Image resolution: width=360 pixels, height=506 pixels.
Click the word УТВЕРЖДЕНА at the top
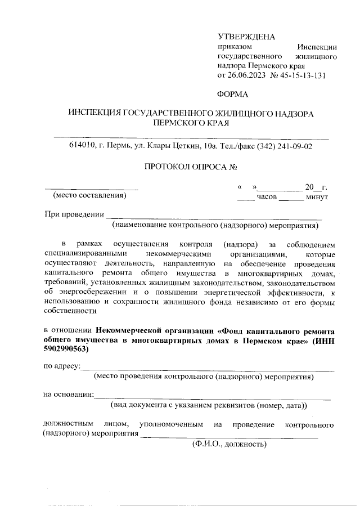coord(246,37)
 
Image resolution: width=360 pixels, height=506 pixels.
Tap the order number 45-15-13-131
coord(301,75)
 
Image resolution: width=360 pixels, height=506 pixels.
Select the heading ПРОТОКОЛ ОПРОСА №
coord(190,167)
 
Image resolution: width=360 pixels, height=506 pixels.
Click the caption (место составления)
coord(89,196)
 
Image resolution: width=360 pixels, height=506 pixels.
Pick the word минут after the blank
coord(317,197)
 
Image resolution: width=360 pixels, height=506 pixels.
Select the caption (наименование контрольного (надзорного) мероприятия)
coord(215,226)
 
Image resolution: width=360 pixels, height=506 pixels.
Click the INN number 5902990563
coord(66,349)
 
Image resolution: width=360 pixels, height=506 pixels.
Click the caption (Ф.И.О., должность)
coord(228,444)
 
